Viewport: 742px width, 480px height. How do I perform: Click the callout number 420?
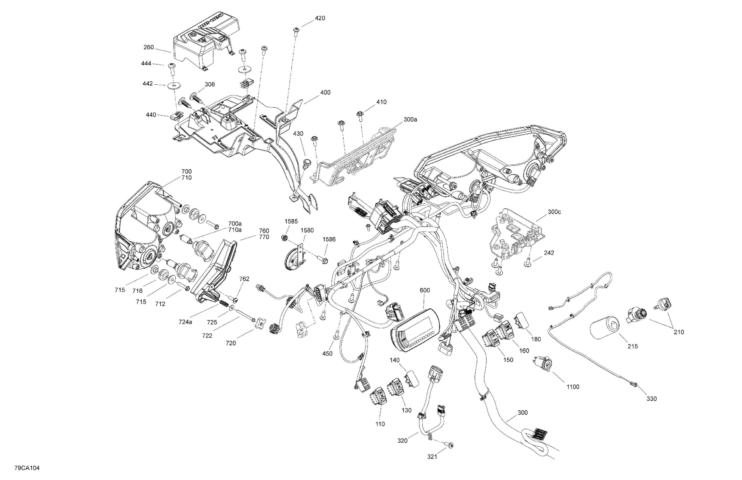(320, 18)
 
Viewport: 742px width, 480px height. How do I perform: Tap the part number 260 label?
(149, 47)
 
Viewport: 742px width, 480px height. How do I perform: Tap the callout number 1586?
(329, 239)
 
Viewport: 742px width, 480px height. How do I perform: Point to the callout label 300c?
(554, 212)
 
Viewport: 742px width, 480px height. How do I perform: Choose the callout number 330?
(651, 399)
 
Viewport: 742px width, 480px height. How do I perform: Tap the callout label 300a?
(410, 119)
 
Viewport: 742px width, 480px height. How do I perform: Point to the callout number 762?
(244, 279)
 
